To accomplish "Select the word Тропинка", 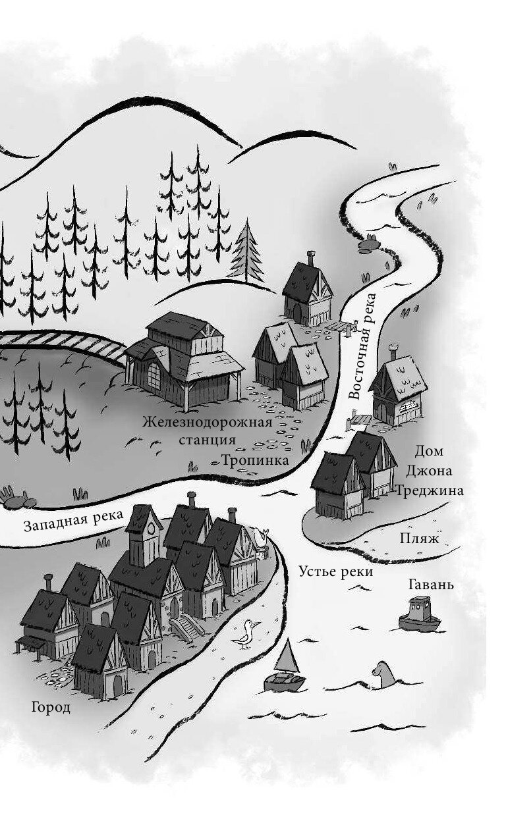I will tap(255, 460).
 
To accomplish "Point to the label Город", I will tap(50, 708).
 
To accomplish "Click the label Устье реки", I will tap(335, 571).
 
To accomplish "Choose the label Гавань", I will tap(431, 584).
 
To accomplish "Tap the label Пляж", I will tap(418, 538).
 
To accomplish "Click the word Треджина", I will tap(430, 490).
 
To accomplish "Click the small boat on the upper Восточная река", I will tap(369, 244).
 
